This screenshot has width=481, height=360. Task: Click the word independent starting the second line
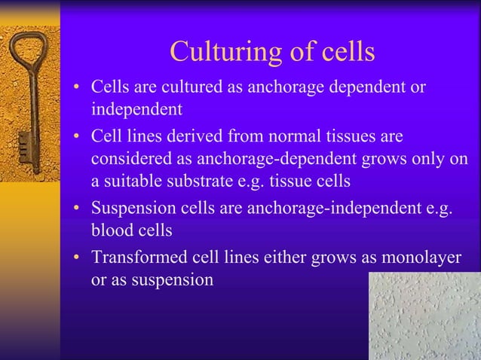136,109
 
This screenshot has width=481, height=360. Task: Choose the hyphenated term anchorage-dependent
270,160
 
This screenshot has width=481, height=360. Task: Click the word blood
111,230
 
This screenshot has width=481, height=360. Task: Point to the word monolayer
419,257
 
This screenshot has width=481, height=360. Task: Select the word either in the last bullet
283,257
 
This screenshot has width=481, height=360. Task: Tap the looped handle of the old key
23,56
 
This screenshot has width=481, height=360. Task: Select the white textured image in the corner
424,316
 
